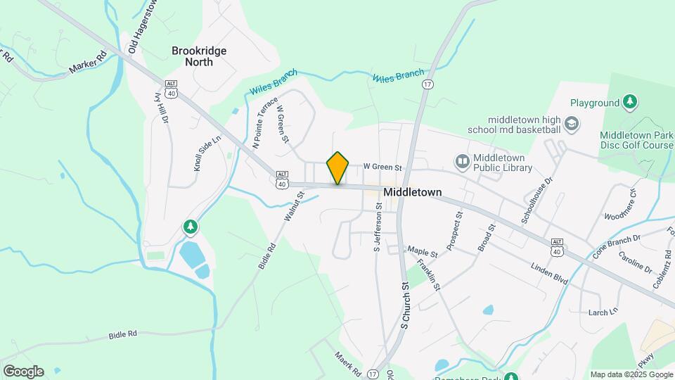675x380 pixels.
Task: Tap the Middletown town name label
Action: coord(412,191)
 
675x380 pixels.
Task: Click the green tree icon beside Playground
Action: coord(631,103)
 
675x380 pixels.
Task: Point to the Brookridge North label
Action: coord(193,56)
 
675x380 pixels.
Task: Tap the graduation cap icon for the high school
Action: coord(572,125)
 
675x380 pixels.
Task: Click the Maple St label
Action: coord(423,251)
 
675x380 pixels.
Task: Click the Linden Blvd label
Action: coord(552,274)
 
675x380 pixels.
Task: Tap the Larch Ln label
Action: coord(603,311)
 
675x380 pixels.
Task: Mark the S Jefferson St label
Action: coord(377,228)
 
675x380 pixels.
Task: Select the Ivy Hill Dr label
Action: coord(162,108)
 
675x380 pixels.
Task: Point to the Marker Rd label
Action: coord(88,63)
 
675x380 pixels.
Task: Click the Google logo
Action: coord(23,371)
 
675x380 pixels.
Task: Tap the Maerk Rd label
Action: coord(347,363)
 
